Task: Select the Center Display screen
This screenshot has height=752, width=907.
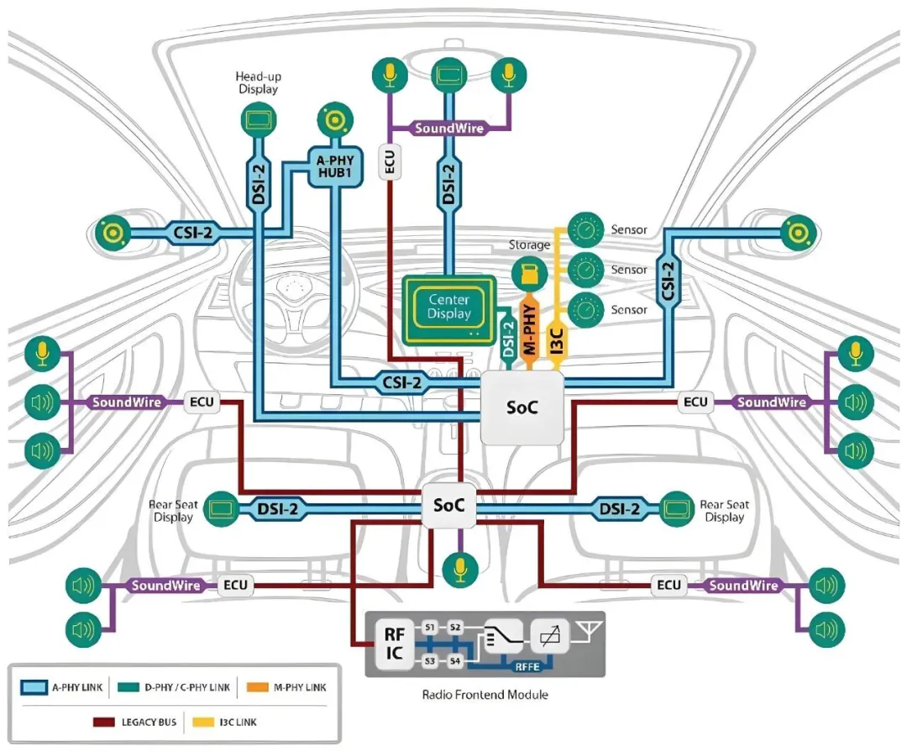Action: (x=449, y=308)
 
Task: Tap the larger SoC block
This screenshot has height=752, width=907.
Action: (x=522, y=408)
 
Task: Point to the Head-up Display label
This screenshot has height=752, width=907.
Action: (x=257, y=82)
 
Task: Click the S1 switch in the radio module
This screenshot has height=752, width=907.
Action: (x=430, y=628)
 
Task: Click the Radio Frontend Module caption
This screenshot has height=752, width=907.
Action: (x=485, y=695)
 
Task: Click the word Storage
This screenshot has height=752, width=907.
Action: (x=529, y=245)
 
